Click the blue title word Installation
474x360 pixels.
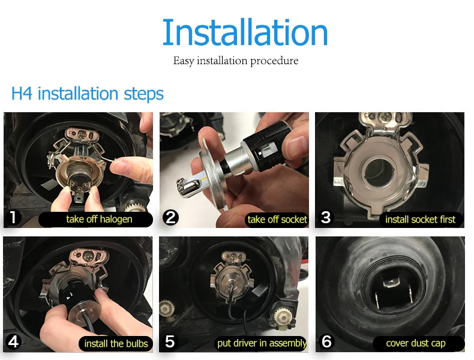click(245, 32)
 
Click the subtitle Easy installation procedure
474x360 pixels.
click(236, 61)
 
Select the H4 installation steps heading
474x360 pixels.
click(88, 94)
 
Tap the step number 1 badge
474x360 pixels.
click(13, 217)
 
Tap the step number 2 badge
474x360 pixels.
click(170, 218)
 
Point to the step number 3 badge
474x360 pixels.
click(326, 217)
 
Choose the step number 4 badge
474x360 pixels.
click(13, 342)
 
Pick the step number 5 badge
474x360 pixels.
click(170, 341)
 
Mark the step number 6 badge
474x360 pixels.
click(326, 341)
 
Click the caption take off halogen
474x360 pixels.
click(99, 219)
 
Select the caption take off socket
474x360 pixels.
click(277, 220)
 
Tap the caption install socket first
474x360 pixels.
click(420, 220)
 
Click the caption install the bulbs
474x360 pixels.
click(116, 344)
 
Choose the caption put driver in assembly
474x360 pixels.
click(262, 343)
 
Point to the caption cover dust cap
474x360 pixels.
click(416, 343)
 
